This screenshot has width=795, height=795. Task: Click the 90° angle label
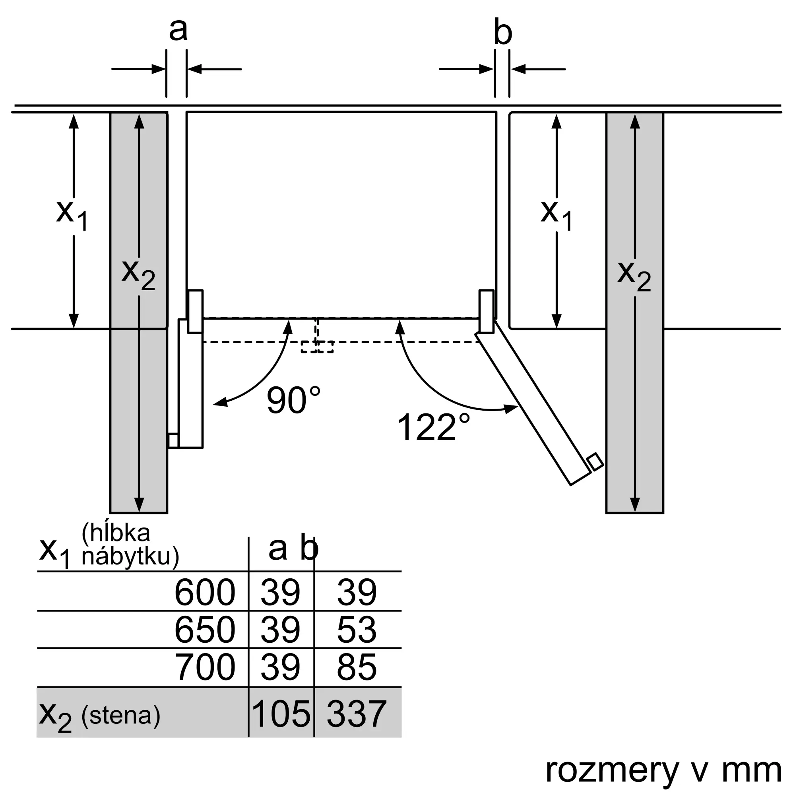[293, 400]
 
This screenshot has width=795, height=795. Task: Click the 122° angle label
[433, 427]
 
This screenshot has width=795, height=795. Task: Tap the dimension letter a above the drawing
[178, 30]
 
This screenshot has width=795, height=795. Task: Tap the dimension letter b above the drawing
[502, 32]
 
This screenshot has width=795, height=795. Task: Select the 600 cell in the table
[204, 592]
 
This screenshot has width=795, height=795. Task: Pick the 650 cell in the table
[204, 629]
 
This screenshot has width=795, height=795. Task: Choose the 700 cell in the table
[204, 667]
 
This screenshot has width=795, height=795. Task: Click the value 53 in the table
[356, 629]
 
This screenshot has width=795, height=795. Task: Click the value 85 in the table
[356, 667]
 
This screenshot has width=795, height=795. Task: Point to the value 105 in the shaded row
[281, 713]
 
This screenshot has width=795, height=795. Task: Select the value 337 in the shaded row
[356, 713]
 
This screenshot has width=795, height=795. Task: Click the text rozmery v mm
[663, 770]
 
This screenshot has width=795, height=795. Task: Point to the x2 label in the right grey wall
[634, 277]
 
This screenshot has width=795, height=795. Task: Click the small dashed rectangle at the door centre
[317, 347]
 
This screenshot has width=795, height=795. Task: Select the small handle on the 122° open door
[595, 462]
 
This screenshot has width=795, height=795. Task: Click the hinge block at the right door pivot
[487, 312]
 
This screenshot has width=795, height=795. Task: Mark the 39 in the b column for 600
[356, 592]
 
